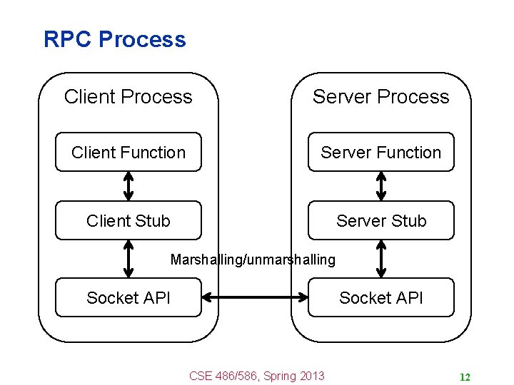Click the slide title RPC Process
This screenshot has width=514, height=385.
click(x=114, y=39)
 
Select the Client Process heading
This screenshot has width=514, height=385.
click(x=128, y=97)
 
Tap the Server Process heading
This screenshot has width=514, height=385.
click(x=381, y=97)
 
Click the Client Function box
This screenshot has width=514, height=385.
click(x=128, y=153)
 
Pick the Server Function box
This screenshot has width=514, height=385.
click(x=381, y=153)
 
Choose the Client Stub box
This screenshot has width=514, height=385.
click(x=128, y=221)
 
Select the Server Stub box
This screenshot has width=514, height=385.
click(x=381, y=221)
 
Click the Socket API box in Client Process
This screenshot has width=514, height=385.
click(x=128, y=297)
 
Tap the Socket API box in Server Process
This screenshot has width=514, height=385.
click(x=381, y=297)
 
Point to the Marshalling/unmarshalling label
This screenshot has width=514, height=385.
click(x=253, y=260)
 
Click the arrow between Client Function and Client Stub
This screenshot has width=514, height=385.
click(x=128, y=186)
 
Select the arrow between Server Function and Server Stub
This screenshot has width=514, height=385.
click(x=381, y=186)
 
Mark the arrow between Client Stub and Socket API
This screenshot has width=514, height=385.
click(x=128, y=258)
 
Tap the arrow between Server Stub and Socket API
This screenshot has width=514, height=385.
click(x=381, y=258)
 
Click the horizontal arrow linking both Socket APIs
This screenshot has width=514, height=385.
click(x=255, y=297)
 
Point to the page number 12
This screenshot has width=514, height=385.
click(x=465, y=377)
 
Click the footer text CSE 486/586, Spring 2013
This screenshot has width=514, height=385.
click(x=256, y=376)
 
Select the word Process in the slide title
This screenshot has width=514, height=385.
click(x=142, y=39)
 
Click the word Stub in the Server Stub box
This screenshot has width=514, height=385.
click(x=409, y=221)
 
